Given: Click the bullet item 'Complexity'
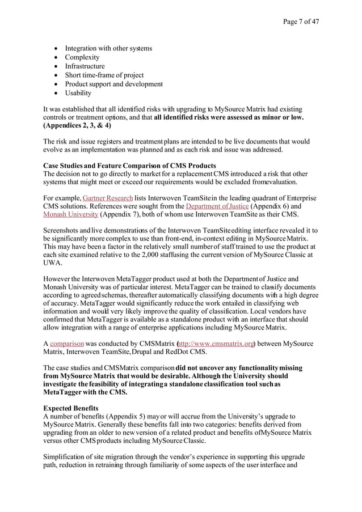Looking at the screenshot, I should (x=82, y=57).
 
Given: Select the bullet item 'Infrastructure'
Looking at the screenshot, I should (x=85, y=66).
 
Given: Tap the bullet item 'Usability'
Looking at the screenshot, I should (x=78, y=93).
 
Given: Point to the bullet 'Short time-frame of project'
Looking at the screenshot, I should (x=104, y=75).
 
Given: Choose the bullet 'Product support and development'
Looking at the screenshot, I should (x=114, y=84).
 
